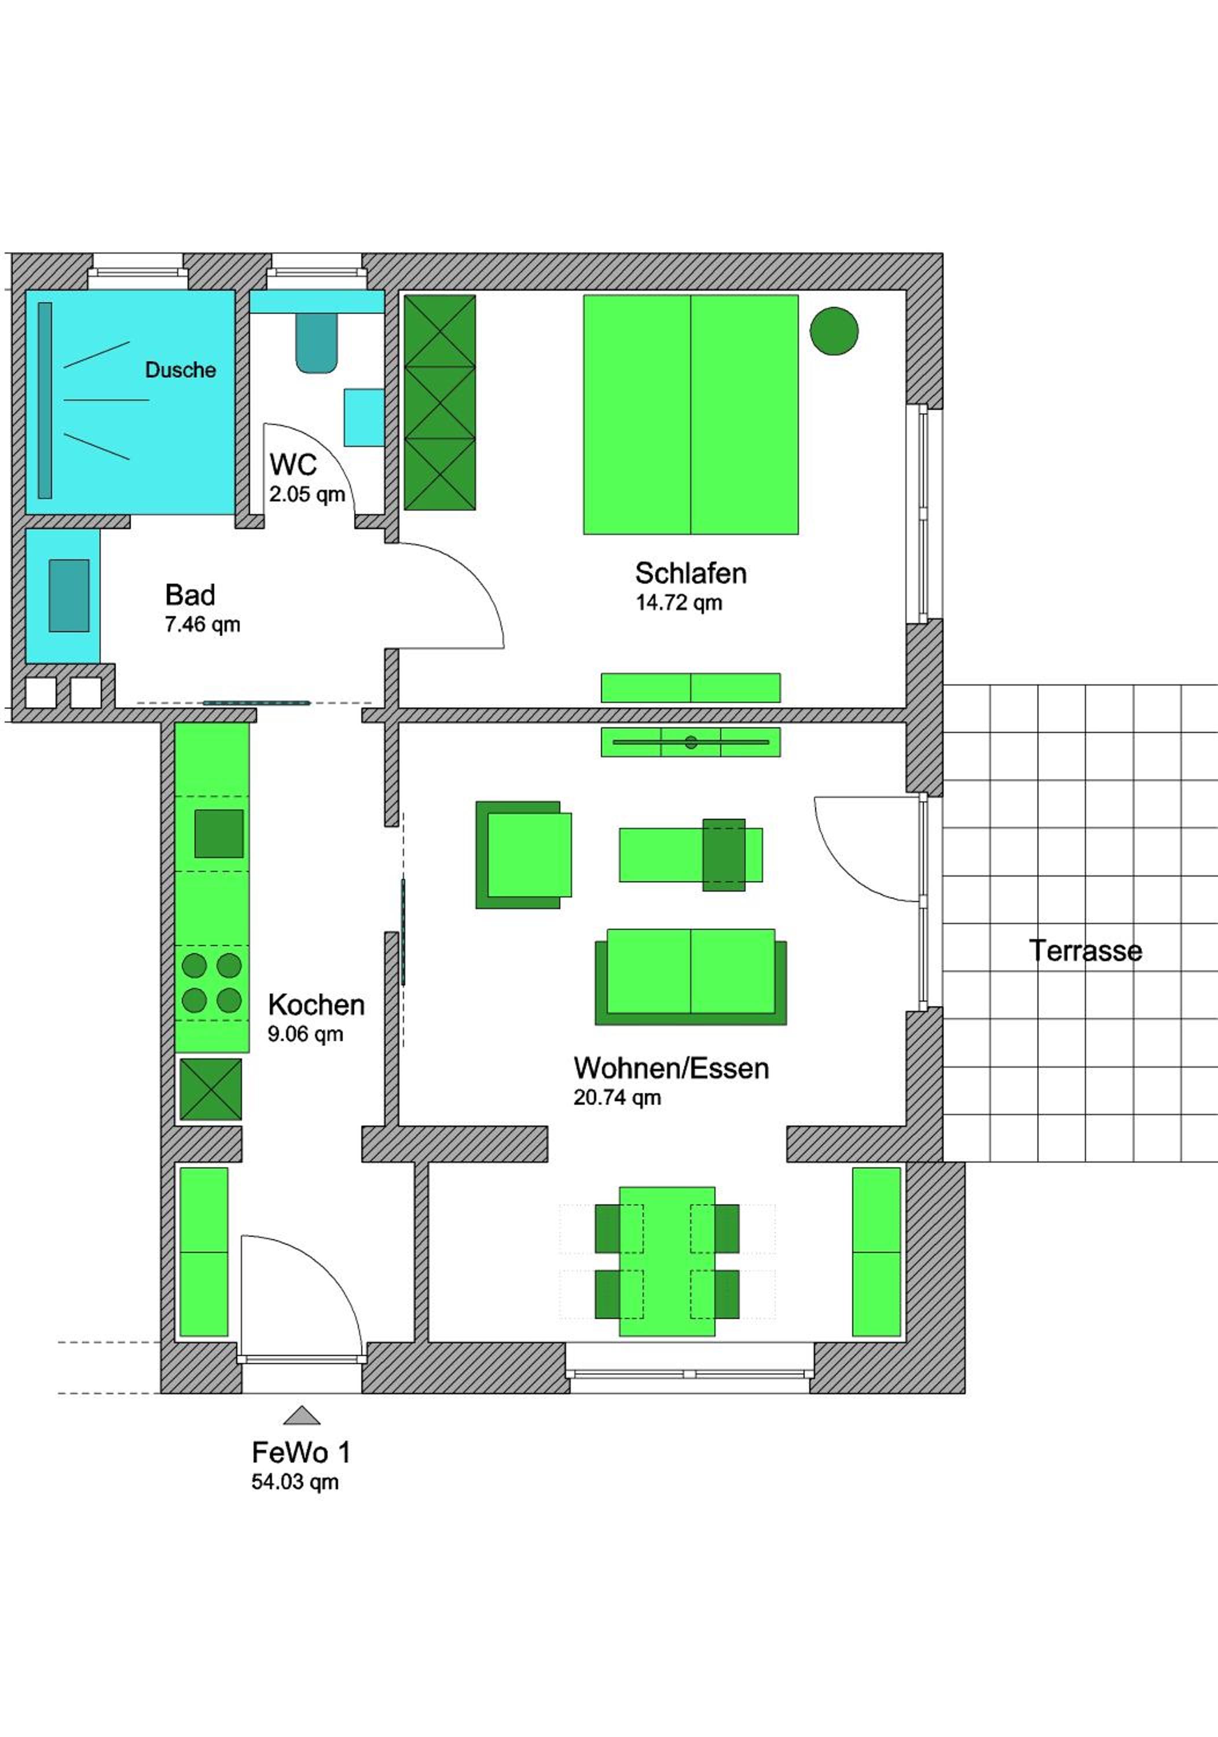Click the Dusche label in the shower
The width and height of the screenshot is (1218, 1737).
[x=180, y=370]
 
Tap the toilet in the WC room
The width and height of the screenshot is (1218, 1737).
[x=316, y=343]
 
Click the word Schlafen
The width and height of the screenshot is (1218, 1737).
[x=690, y=573]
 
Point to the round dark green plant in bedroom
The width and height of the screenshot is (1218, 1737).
[x=834, y=331]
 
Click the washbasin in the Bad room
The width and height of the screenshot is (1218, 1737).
[x=69, y=595]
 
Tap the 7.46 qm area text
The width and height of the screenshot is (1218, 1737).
[x=202, y=625]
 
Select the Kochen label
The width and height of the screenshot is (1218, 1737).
[x=316, y=1005]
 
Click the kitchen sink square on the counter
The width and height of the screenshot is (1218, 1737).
[x=219, y=834]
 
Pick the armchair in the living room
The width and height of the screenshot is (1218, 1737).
[x=523, y=855]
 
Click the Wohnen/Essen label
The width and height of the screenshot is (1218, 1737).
[x=671, y=1068]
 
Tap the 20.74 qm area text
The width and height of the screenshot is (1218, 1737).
[x=617, y=1098]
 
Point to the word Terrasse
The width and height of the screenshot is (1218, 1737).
[x=1085, y=950]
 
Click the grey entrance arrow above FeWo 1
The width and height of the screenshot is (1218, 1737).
[x=302, y=1416]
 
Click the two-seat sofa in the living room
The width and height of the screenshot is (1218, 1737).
[x=691, y=977]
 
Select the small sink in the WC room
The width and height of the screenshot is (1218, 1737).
[x=364, y=417]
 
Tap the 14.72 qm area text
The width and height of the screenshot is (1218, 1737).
[x=678, y=603]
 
